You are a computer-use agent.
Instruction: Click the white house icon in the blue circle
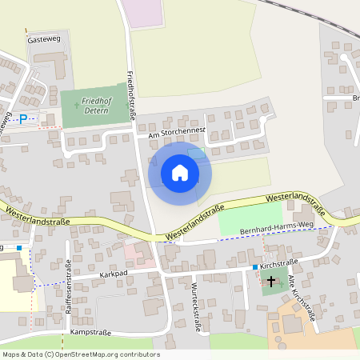coord(180,173)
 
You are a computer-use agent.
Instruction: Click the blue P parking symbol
coord(23,118)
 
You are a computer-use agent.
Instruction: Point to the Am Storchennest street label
coord(171,132)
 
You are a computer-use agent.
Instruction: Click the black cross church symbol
coord(272,282)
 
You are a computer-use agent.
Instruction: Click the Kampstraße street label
coord(88,331)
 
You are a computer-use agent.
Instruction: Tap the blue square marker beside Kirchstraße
coord(255,266)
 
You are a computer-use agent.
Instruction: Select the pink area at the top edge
coord(144,13)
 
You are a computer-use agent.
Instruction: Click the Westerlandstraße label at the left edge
coord(37,216)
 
